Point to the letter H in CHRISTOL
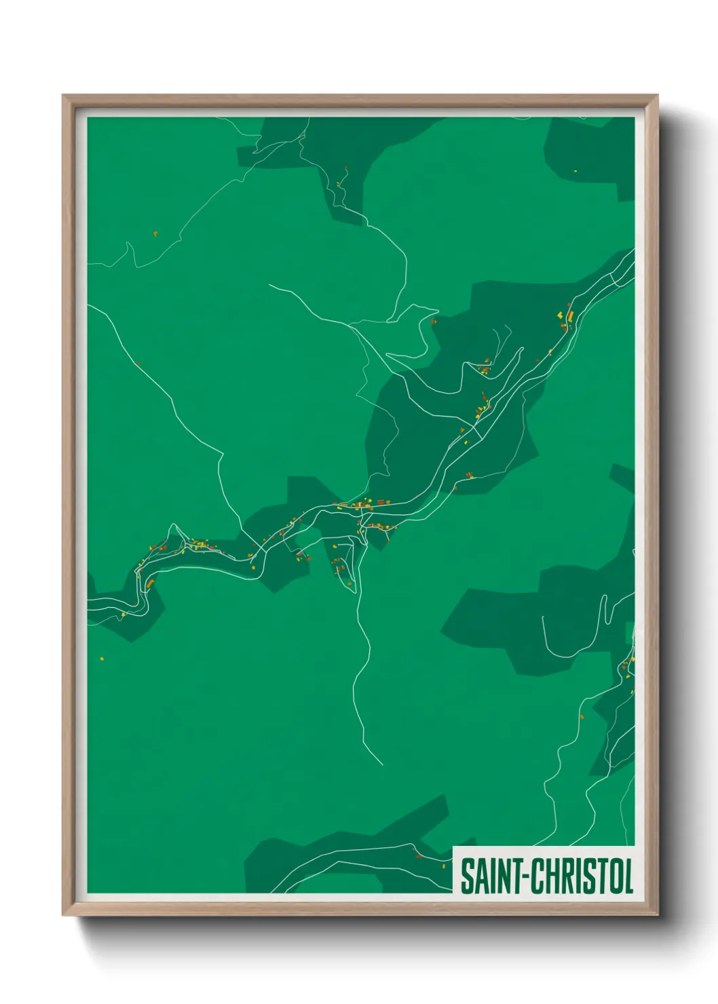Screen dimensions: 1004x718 click(x=549, y=876)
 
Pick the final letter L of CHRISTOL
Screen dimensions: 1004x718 click(x=628, y=876)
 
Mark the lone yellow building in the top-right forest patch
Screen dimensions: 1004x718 click(x=575, y=171)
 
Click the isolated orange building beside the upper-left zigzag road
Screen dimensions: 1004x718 click(x=155, y=233)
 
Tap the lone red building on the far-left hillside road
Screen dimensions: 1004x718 click(x=138, y=364)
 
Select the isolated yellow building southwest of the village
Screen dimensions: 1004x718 click(x=102, y=658)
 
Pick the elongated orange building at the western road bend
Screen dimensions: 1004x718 click(x=151, y=582)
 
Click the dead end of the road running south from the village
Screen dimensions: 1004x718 click(x=383, y=765)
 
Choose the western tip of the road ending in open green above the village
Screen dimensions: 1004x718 click(x=269, y=285)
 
